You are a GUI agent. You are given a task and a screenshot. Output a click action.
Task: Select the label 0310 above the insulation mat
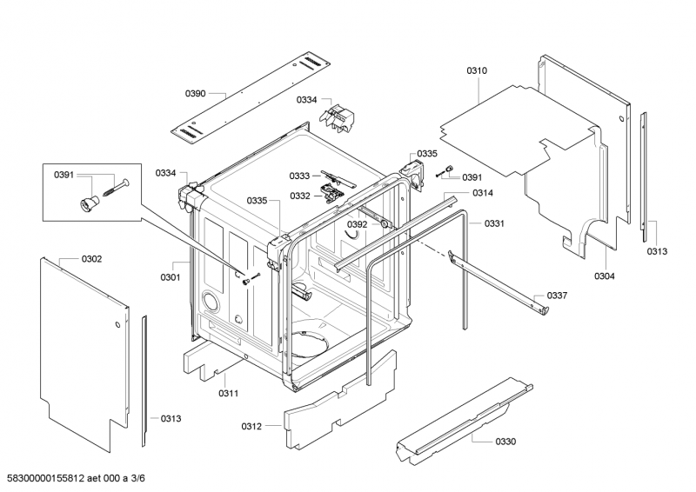[477, 70]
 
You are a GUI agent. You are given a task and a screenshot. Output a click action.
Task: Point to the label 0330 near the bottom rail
[505, 442]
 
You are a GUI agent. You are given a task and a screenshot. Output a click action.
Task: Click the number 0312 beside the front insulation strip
[252, 426]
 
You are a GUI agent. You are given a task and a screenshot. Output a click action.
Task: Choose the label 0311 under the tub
[228, 394]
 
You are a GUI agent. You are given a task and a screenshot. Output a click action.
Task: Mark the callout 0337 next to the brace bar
[557, 296]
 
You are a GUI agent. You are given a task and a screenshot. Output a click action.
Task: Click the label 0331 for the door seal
[494, 224]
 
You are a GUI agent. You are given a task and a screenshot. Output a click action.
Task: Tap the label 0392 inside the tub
[358, 224]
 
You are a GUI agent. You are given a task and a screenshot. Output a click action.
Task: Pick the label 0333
[300, 176]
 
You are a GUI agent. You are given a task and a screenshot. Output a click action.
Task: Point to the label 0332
[300, 196]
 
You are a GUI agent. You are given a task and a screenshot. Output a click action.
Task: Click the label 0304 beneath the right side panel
[605, 276]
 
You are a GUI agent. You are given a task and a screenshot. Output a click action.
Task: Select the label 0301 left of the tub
[170, 278]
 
